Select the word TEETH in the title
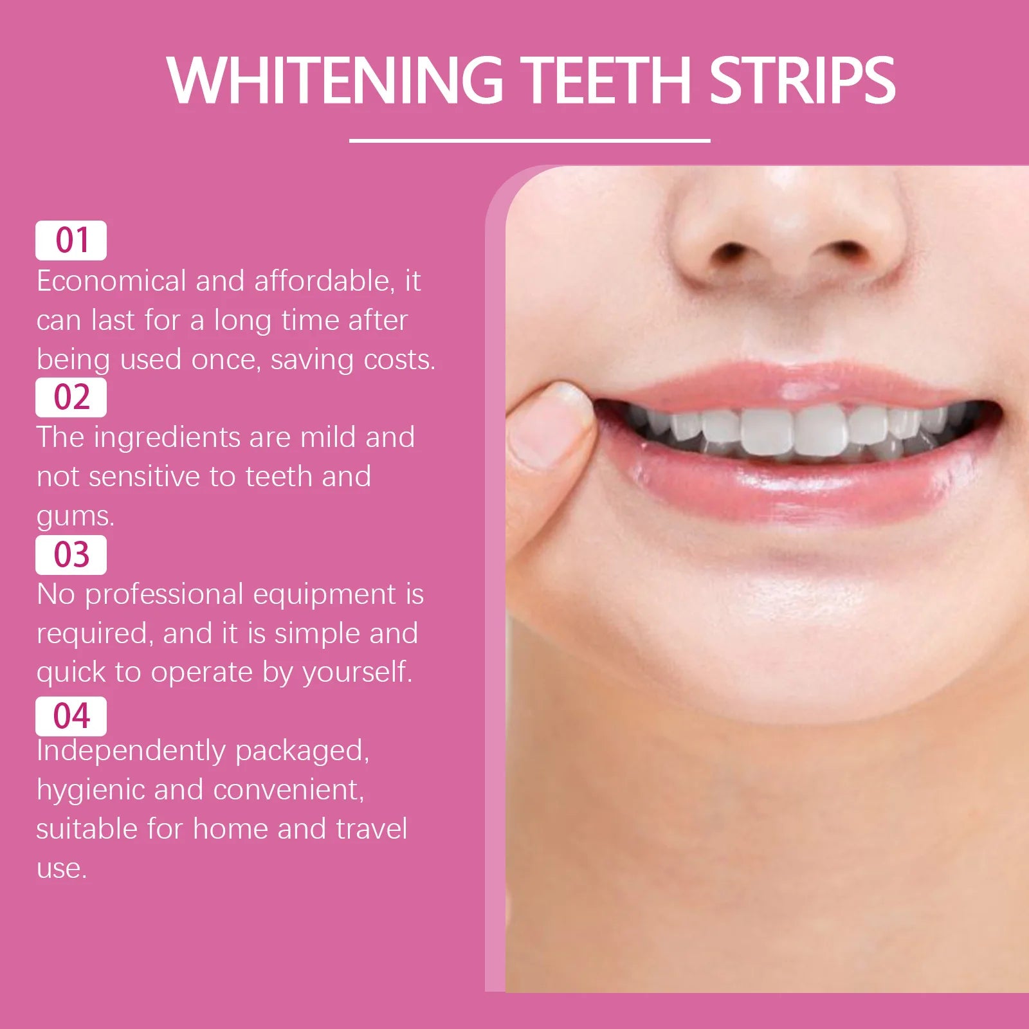605,80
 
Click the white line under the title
529,140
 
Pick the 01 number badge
71,241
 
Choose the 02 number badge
71,397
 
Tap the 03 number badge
71,554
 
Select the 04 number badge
71,716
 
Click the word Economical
111,281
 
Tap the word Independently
131,751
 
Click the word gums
75,516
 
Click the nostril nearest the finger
730,251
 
